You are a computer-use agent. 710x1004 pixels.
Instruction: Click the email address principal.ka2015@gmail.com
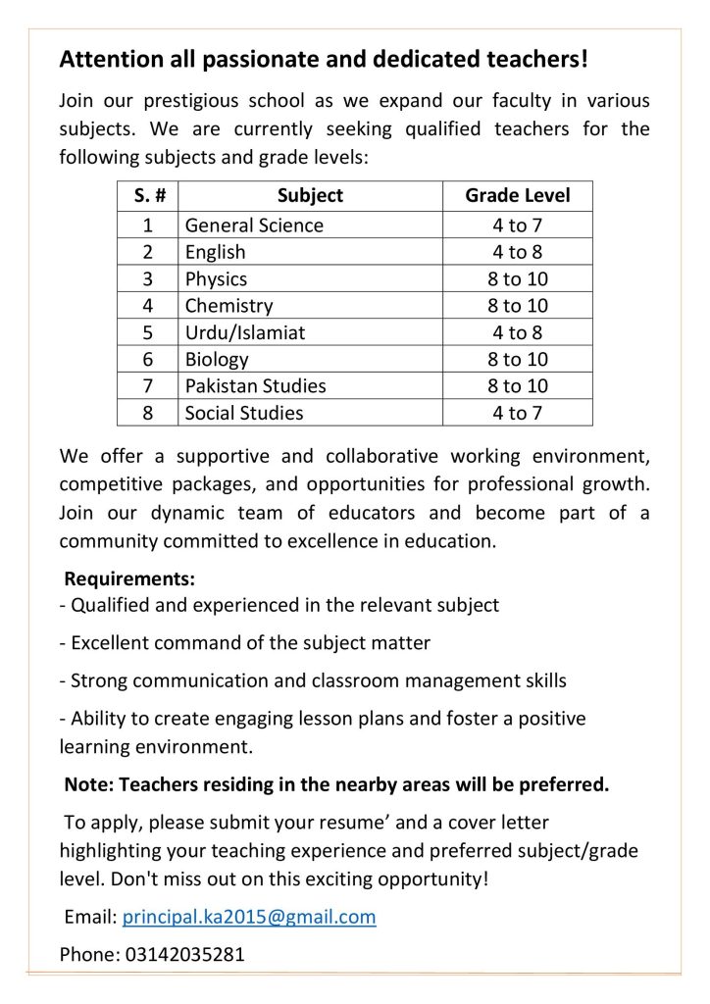[249, 917]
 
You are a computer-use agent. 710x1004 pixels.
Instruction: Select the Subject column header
[310, 195]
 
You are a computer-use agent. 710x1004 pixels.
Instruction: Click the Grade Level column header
[517, 195]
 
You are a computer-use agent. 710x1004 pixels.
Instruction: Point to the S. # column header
[147, 195]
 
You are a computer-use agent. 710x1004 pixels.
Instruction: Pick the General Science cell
[254, 226]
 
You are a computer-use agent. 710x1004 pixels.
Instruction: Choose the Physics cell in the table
[217, 279]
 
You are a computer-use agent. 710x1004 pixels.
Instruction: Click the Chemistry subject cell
[229, 306]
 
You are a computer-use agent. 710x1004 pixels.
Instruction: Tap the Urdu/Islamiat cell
[245, 332]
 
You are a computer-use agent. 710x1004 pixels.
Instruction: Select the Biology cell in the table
[218, 359]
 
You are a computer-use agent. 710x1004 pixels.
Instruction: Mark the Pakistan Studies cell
[256, 385]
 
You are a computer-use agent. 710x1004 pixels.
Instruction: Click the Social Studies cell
[244, 413]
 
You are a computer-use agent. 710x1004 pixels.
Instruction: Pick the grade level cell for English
[517, 252]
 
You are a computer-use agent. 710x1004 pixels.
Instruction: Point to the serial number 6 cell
[148, 359]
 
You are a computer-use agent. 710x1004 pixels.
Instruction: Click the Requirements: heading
[129, 578]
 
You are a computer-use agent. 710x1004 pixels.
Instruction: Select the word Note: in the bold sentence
[88, 784]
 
